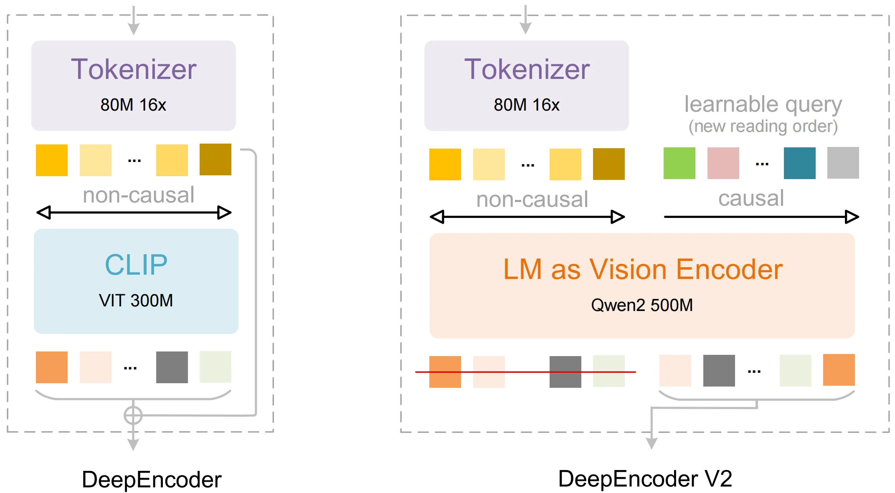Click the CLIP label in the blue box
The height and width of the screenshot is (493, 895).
click(x=136, y=265)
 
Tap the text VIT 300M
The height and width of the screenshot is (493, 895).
click(x=136, y=301)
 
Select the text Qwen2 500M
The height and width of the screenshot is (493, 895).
click(x=641, y=305)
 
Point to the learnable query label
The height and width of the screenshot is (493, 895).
click(x=763, y=104)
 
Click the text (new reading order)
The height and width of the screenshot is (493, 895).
click(x=763, y=126)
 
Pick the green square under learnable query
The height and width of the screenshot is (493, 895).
click(x=679, y=163)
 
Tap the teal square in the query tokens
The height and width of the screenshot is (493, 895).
click(x=799, y=163)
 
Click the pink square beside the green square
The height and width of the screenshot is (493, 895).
click(x=723, y=163)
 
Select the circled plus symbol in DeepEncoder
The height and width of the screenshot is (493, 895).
click(x=133, y=415)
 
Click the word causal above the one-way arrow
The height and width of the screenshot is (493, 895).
click(x=751, y=198)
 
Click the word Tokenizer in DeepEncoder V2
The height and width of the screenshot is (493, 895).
click(x=527, y=69)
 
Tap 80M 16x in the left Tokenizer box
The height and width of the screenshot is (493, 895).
click(x=133, y=105)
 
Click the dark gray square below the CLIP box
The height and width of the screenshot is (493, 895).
click(x=172, y=367)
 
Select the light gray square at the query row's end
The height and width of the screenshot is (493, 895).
click(x=843, y=163)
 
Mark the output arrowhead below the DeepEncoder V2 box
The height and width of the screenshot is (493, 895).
click(x=651, y=443)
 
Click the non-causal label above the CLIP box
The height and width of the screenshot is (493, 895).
click(x=138, y=195)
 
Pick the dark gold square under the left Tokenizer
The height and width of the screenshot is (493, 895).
click(x=215, y=159)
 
